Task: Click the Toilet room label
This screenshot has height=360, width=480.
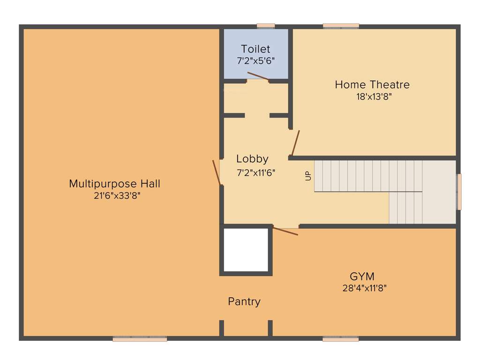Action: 255,49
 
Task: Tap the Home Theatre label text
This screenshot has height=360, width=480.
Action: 372,85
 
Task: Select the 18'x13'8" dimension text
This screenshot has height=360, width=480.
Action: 374,97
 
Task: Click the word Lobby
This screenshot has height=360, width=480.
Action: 252,159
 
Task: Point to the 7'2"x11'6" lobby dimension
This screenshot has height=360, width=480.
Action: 256,172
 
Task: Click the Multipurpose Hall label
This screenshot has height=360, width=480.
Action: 114,184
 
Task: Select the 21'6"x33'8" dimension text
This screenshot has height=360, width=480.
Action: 117,196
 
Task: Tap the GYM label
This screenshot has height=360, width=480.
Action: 362,276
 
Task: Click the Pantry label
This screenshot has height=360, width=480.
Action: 244,301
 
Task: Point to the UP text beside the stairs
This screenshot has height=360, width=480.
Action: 308,176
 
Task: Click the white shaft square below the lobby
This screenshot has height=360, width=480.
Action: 246,250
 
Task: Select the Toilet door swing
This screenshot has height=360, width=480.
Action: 258,76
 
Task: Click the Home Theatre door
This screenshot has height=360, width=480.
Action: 295,143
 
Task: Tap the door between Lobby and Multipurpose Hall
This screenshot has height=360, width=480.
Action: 217,172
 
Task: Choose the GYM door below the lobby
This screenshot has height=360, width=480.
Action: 285,231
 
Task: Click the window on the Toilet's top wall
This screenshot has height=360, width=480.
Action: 266,26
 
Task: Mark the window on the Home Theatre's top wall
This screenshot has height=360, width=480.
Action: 341,26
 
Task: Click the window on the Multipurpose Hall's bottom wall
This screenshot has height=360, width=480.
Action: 140,339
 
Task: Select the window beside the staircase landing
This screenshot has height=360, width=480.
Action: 459,192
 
